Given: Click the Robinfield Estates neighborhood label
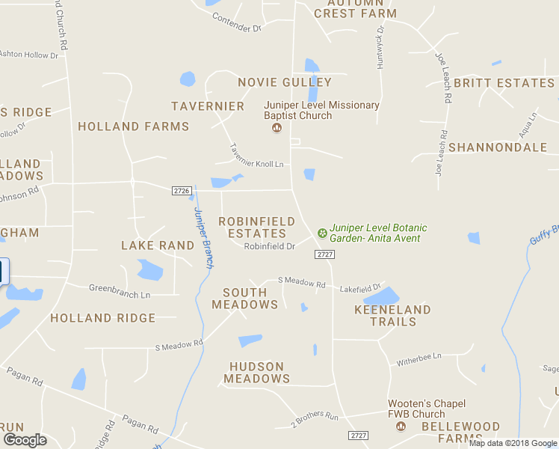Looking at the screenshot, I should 256,227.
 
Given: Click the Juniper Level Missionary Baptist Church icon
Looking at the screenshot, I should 277,128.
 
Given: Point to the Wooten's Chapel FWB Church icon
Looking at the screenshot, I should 401,426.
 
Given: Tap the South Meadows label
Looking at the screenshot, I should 244,299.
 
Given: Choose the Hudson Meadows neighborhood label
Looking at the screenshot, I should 257,373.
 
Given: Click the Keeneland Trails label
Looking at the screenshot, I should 392,315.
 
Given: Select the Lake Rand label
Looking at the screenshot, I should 158,245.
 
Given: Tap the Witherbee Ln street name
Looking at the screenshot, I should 419,358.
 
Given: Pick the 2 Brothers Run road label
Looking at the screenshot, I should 315,416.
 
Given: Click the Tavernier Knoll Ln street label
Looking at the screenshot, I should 256,156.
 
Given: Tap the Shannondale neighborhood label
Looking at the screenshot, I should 498,147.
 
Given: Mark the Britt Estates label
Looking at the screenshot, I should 504,83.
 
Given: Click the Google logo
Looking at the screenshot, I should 25,440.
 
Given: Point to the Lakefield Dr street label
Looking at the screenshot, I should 360,287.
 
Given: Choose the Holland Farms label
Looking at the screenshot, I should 134,126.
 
